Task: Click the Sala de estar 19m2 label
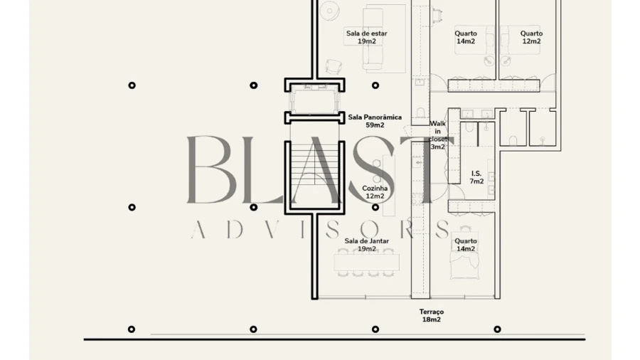point(366,37)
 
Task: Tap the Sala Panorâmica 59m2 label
point(375,121)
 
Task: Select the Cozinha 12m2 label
point(375,192)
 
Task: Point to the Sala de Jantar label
point(366,240)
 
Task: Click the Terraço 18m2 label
point(432,315)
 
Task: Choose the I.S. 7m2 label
point(476,177)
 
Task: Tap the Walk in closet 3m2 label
point(437,134)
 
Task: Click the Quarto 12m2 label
point(531,37)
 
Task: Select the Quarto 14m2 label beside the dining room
point(466,245)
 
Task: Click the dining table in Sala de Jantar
point(366,262)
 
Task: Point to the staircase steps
point(314,171)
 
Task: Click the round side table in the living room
point(329,11)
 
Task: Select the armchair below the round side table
point(334,67)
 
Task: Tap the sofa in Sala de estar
point(373,39)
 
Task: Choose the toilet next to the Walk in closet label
point(421,112)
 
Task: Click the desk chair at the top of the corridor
point(436,16)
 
